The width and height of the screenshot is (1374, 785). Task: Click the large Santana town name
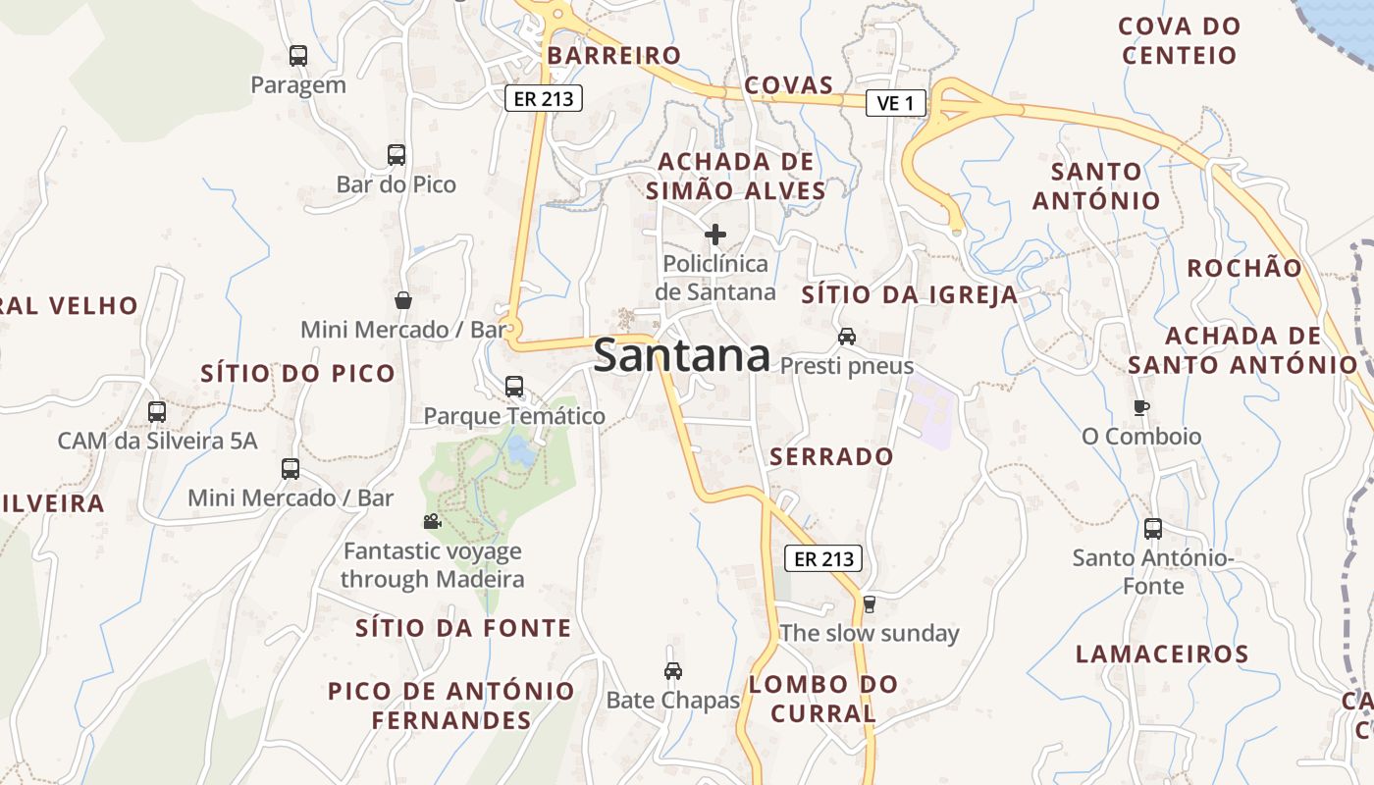pos(681,355)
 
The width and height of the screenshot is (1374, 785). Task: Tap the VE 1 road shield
pos(895,103)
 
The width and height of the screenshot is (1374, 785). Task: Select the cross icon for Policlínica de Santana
pos(715,235)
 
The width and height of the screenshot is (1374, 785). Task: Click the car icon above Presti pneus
pos(846,337)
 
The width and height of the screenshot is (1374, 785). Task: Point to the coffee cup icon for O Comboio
pos(1140,407)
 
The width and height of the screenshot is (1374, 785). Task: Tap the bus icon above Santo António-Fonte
pos(1153,529)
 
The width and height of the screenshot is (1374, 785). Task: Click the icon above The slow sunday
pos(868,603)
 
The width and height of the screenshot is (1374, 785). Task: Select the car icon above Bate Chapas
pos(672,671)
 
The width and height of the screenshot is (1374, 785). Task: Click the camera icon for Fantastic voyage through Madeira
pos(432,521)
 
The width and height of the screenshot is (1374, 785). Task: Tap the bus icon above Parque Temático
pos(514,387)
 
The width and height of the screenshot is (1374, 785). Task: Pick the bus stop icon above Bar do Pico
pos(396,155)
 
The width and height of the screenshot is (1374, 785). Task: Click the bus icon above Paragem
pos(298,56)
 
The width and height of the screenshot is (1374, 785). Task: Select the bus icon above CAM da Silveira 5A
pos(157,412)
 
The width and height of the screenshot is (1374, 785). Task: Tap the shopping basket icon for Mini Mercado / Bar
pos(402,300)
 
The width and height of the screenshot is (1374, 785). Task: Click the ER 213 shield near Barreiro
pos(544,98)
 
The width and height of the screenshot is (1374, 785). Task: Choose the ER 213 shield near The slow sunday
pos(823,559)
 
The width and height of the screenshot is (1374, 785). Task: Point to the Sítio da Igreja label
pos(910,295)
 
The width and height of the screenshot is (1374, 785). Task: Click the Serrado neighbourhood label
pos(831,456)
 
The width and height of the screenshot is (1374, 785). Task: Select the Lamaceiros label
pos(1162,654)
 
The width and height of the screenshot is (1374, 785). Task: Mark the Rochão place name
pos(1244,268)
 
